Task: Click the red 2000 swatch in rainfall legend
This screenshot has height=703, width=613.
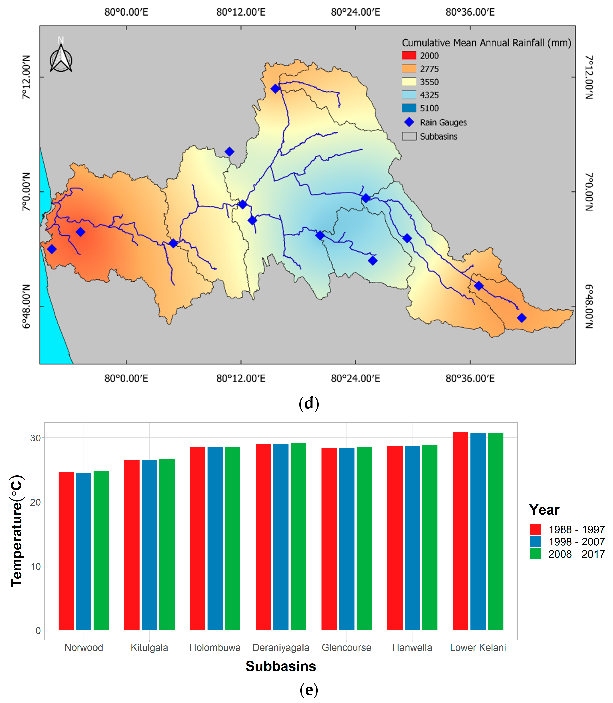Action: pos(409,55)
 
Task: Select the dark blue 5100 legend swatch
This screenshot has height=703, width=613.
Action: pos(409,108)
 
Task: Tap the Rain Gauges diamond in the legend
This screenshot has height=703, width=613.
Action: pos(409,122)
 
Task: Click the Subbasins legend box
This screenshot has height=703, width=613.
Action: pos(409,136)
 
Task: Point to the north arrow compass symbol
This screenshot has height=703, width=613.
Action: pos(61,58)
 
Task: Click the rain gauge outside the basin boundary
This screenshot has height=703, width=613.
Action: pos(230,152)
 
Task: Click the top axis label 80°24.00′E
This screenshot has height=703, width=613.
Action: pos(355,12)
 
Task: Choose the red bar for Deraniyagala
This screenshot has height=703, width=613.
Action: pos(263,537)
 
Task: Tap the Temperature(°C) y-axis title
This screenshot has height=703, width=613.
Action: pos(16,531)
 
